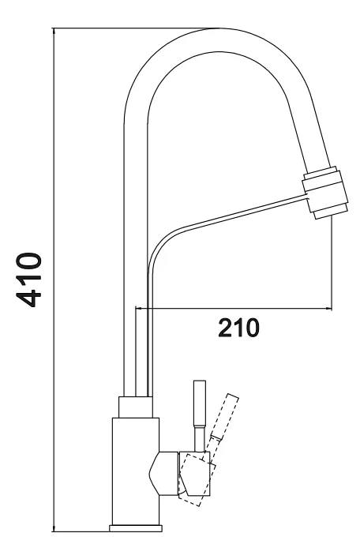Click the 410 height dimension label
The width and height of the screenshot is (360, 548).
(28, 280)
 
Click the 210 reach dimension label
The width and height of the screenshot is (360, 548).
(238, 328)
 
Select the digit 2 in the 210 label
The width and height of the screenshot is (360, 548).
(225, 328)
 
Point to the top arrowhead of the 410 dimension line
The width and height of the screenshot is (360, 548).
(54, 32)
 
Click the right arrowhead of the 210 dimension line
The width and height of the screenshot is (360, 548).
(328, 308)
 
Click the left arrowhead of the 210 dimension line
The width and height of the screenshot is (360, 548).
(139, 308)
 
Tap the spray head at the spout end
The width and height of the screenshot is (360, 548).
(325, 193)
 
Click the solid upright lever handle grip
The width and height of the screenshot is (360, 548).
(200, 403)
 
